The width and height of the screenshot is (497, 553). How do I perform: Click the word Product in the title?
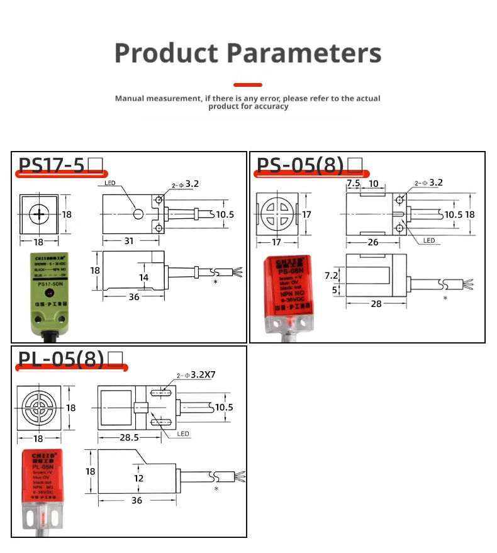pyautogui.click(x=166, y=53)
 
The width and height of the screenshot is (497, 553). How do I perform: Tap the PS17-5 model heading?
pyautogui.click(x=52, y=165)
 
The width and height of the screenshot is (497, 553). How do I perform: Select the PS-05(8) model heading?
pyautogui.click(x=300, y=165)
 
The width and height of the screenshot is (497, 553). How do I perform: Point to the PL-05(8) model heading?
pyautogui.click(x=60, y=359)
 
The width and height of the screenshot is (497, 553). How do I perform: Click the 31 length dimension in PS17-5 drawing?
pyautogui.click(x=128, y=241)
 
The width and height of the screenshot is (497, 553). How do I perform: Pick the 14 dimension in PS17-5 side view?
pyautogui.click(x=144, y=277)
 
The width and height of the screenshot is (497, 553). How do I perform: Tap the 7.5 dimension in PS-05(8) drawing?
pyautogui.click(x=354, y=183)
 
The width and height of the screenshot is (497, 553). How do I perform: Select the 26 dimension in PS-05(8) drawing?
pyautogui.click(x=373, y=242)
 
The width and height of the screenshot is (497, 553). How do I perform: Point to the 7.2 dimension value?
pyautogui.click(x=331, y=276)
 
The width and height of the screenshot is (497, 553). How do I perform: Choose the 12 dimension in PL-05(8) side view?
pyautogui.click(x=139, y=478)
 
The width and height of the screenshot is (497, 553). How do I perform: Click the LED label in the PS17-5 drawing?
pyautogui.click(x=109, y=184)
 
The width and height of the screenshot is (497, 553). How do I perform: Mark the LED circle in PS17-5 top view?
pyautogui.click(x=138, y=215)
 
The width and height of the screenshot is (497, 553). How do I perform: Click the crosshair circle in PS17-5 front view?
pyautogui.click(x=39, y=214)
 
